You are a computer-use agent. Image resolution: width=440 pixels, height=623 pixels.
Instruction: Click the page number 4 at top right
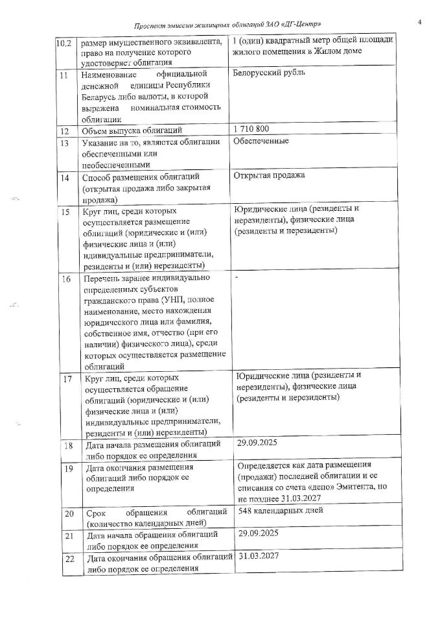click(x=420, y=23)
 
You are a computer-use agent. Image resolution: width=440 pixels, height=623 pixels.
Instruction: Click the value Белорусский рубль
click(x=268, y=73)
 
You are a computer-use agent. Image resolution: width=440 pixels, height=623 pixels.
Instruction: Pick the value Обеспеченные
click(x=264, y=141)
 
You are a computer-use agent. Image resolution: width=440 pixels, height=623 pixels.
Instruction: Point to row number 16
click(x=65, y=279)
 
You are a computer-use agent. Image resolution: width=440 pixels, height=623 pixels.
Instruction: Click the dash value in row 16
click(x=237, y=277)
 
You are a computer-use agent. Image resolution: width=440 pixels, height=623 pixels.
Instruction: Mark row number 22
click(x=68, y=558)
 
